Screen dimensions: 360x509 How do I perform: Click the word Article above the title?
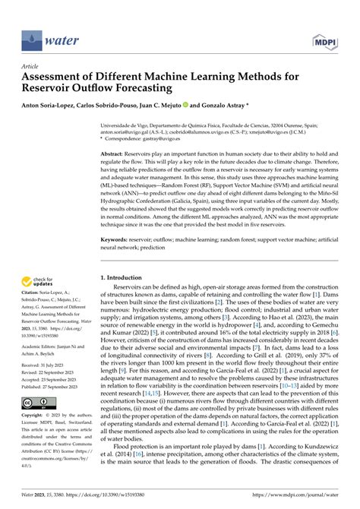(31, 66)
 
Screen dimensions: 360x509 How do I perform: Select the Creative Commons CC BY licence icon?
(36, 402)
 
